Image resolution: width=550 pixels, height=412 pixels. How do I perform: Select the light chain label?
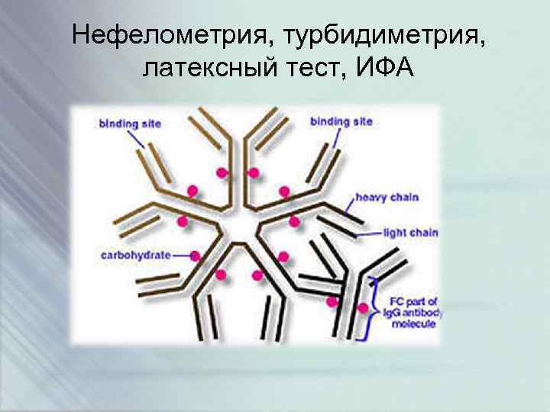tap(410, 232)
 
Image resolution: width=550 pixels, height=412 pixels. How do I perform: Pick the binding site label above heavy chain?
tap(341, 121)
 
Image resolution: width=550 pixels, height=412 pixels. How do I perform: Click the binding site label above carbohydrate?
tap(129, 123)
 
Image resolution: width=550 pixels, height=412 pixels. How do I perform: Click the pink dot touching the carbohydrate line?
tap(196, 256)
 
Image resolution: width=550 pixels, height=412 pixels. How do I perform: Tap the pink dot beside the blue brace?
tap(363, 308)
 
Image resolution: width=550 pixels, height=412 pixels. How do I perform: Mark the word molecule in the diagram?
tap(413, 323)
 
